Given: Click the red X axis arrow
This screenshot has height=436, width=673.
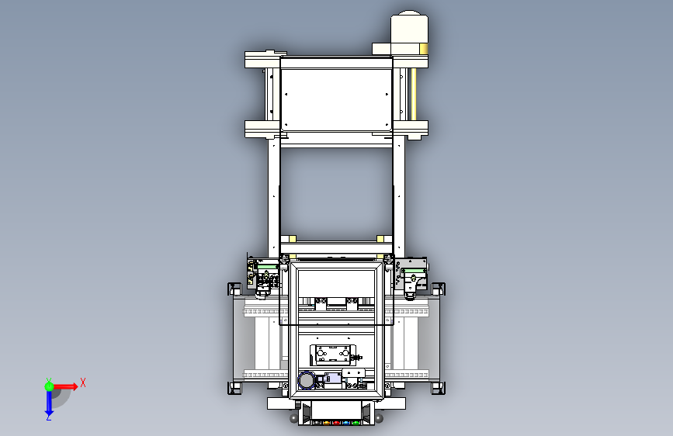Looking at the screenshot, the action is pos(64,386).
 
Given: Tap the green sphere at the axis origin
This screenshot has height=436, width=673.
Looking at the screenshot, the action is pos(49,386).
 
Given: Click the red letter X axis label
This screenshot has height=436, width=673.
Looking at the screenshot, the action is pos(83,382).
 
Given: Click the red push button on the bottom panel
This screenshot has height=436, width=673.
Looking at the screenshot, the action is pos(337,423).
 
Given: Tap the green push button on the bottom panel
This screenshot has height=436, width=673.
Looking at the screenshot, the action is pos(356,423).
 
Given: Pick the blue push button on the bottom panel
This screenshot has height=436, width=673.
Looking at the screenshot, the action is pos(346,423).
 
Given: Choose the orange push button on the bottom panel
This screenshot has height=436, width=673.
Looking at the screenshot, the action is pos(327,423).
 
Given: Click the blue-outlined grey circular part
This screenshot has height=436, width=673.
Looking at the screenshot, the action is pos(306,380).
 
